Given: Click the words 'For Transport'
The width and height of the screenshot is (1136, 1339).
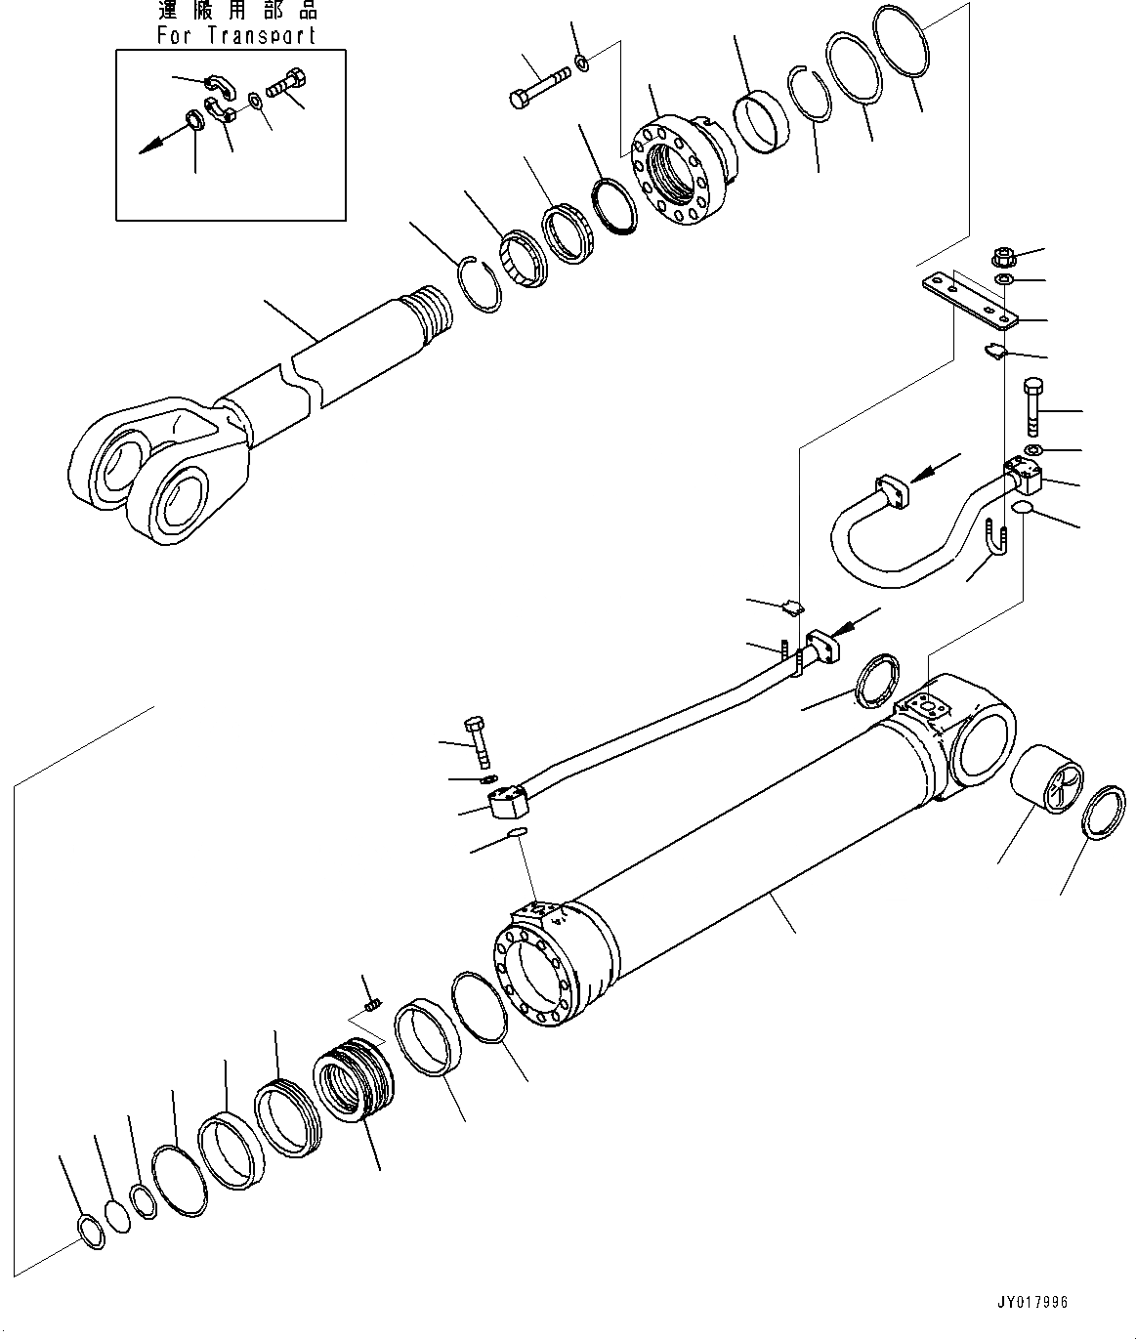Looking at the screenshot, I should (236, 36).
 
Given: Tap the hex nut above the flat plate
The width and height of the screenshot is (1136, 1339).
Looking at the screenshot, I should (1004, 260).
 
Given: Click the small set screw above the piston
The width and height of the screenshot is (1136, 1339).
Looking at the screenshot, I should (370, 1004).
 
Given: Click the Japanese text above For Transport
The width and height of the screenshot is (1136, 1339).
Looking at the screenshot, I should (236, 13).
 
